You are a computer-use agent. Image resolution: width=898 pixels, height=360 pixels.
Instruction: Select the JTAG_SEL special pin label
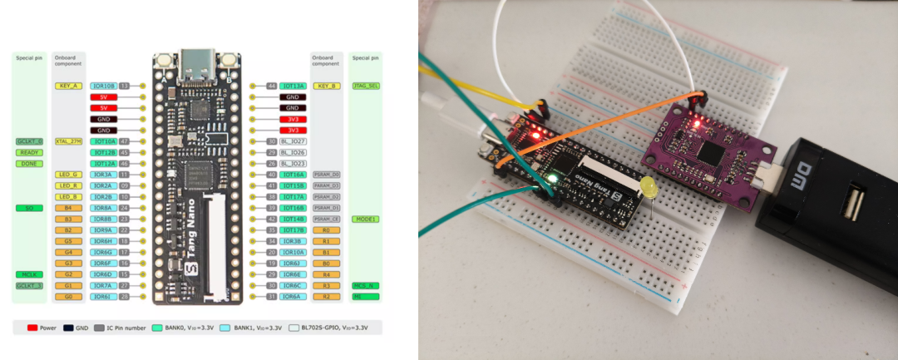click(x=365, y=86)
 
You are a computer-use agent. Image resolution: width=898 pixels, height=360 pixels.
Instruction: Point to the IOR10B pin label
click(x=104, y=86)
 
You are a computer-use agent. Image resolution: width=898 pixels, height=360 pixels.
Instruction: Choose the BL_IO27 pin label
click(x=294, y=141)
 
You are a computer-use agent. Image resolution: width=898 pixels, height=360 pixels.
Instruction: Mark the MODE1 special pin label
click(x=365, y=219)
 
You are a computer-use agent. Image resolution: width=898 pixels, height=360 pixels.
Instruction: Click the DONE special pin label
click(x=29, y=164)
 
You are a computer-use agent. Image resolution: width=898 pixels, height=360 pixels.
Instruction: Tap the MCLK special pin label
click(x=29, y=274)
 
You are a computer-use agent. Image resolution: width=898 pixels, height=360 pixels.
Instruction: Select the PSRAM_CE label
click(x=326, y=219)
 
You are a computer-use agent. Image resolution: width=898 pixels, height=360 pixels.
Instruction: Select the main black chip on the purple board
click(x=713, y=153)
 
